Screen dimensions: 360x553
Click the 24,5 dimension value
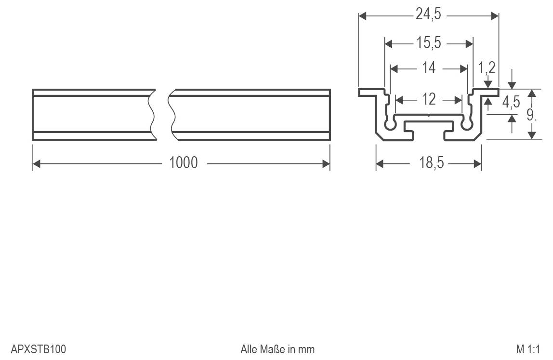[x=428, y=15]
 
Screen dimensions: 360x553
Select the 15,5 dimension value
[x=428, y=43]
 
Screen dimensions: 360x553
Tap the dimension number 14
[x=428, y=68]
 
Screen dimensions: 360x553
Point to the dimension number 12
[x=428, y=99]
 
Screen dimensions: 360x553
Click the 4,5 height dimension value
[x=511, y=102]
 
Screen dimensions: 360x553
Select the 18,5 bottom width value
[x=431, y=163]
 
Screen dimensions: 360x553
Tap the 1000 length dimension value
[x=184, y=163]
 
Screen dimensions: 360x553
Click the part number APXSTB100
[x=38, y=348]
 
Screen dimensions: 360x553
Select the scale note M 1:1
[x=529, y=348]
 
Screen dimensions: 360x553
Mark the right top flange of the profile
[x=485, y=92]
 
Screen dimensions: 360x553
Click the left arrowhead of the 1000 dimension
[x=36, y=164]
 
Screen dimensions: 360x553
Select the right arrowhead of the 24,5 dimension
[x=495, y=16]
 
